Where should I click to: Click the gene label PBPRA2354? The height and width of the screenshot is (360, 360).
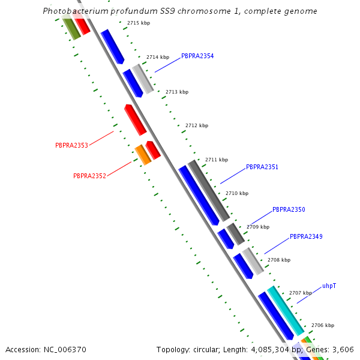click(x=197, y=56)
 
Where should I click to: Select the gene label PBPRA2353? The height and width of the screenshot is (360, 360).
click(x=71, y=145)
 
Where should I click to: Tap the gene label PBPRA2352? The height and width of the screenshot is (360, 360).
click(x=89, y=176)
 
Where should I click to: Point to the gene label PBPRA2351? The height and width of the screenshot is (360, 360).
click(x=262, y=167)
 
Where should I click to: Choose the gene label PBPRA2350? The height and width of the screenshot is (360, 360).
click(x=289, y=210)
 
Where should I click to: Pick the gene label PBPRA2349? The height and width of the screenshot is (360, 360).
click(x=306, y=236)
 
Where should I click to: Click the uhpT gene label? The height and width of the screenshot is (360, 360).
click(x=329, y=286)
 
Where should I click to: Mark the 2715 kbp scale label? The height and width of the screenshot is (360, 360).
click(x=139, y=23)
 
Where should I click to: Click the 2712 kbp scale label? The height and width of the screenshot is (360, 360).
click(x=197, y=125)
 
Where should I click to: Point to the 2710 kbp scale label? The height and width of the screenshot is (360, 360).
click(x=236, y=193)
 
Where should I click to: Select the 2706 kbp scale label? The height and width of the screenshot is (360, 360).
click(x=322, y=325)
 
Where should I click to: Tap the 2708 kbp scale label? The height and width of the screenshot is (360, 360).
click(x=278, y=260)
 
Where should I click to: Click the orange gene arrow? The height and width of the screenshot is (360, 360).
click(x=143, y=154)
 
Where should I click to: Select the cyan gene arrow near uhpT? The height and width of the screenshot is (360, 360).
click(x=286, y=310)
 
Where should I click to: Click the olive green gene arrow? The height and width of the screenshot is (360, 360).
click(x=71, y=28)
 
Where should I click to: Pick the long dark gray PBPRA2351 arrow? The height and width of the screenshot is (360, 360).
click(x=209, y=190)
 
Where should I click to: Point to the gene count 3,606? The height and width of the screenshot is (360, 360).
click(x=343, y=349)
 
